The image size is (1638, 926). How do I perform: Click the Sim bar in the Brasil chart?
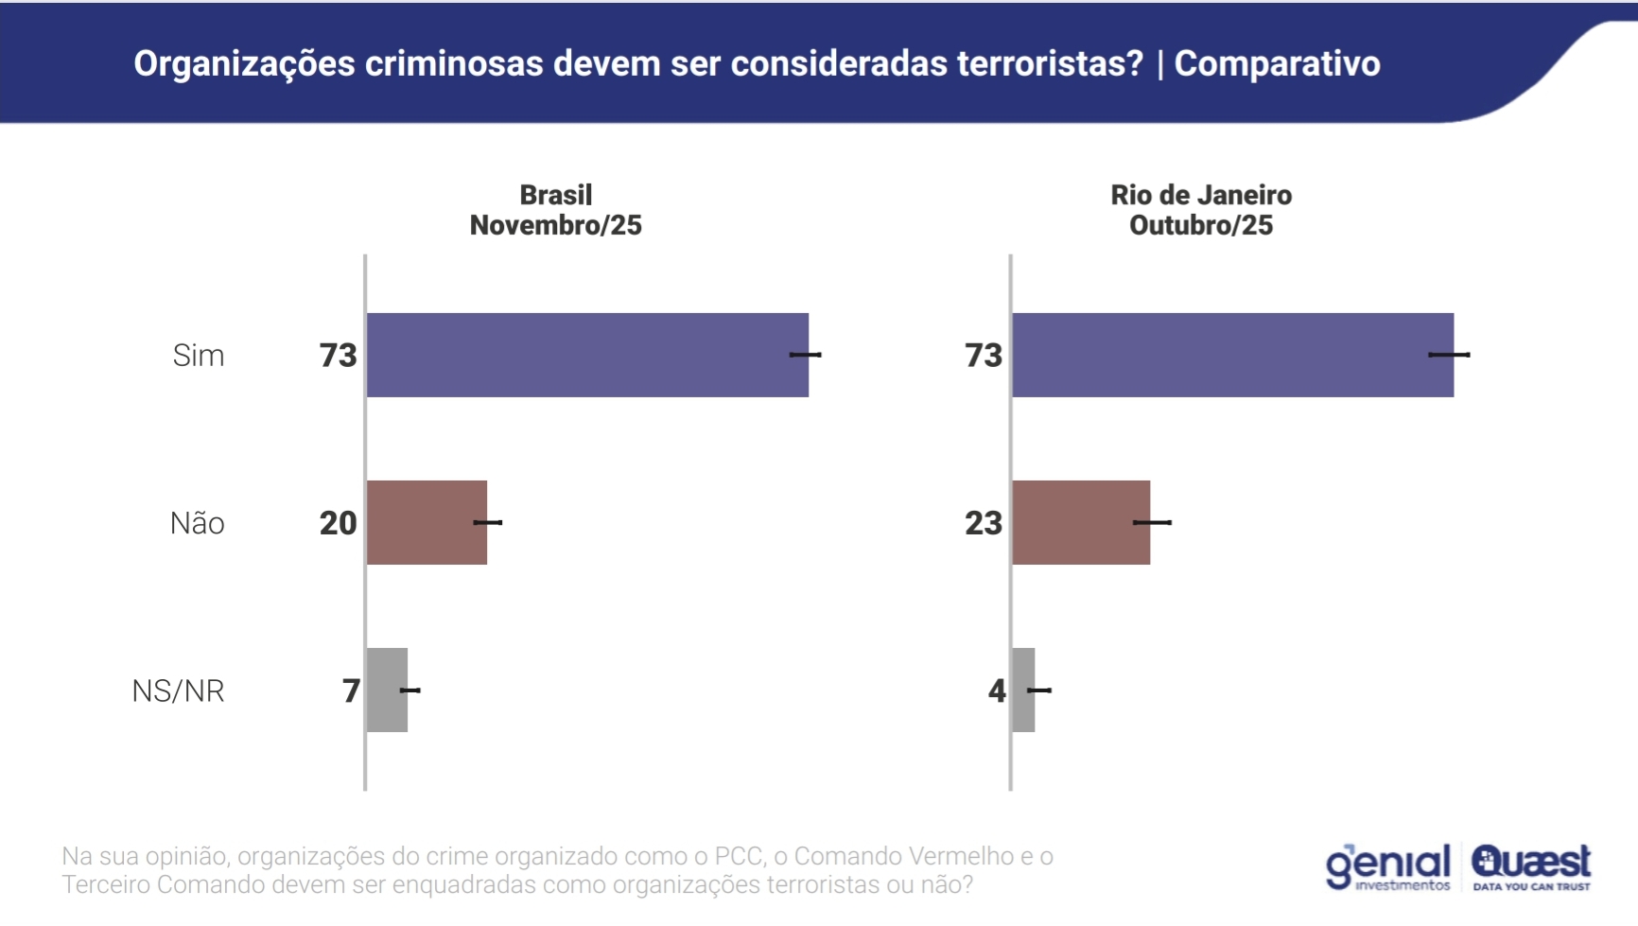click(586, 355)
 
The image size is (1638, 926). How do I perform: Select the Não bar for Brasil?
click(427, 522)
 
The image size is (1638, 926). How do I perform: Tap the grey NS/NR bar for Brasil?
click(387, 690)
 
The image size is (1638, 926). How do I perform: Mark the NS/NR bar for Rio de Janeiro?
click(1023, 690)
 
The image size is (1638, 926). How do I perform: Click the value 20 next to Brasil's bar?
click(338, 523)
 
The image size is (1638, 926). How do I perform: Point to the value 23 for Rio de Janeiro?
click(983, 523)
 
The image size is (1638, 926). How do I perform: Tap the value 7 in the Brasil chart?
click(351, 690)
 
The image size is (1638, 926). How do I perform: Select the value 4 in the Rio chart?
click(997, 690)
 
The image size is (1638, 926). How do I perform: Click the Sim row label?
click(199, 356)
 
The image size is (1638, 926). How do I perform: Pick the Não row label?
click(197, 523)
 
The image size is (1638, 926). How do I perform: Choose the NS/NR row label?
click(178, 691)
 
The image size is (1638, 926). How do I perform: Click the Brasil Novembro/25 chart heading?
click(556, 210)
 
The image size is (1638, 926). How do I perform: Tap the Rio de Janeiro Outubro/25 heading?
click(1201, 210)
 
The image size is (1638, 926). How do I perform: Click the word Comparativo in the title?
click(1277, 63)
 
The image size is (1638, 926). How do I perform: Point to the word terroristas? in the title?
click(1050, 63)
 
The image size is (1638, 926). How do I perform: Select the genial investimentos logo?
click(1387, 866)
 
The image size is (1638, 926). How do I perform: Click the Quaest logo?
click(1531, 866)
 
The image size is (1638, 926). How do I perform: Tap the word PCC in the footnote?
click(738, 856)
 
